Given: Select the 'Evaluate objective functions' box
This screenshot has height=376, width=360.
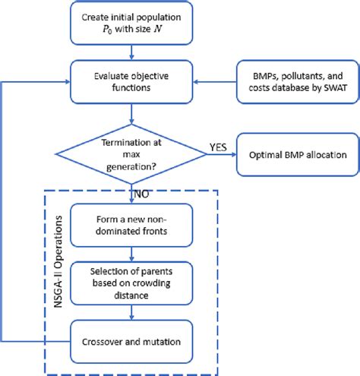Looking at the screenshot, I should pyautogui.click(x=133, y=81).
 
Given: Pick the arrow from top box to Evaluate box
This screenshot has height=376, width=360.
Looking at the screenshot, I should pyautogui.click(x=133, y=52).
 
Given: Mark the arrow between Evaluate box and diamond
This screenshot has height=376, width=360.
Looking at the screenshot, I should pyautogui.click(x=133, y=110).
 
